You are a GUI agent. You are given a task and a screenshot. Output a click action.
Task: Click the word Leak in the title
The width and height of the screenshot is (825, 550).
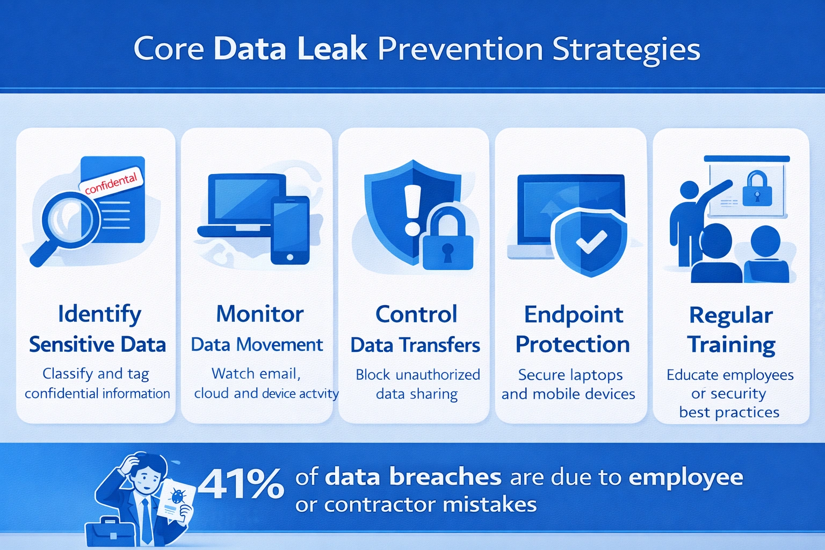pos(332,49)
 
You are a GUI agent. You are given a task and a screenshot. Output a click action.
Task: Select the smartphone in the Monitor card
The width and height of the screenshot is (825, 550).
pos(290,230)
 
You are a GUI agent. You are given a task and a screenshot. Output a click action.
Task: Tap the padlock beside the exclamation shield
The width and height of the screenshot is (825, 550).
pos(447,241)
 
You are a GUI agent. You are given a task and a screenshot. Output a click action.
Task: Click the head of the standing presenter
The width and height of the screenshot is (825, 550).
pos(689,191)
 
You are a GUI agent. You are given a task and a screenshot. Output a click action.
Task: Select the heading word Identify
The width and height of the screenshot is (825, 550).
pos(99,314)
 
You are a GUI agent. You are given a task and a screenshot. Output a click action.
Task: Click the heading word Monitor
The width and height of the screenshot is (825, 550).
pos(259,314)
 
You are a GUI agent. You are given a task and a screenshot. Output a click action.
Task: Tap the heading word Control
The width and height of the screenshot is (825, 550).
pos(416,314)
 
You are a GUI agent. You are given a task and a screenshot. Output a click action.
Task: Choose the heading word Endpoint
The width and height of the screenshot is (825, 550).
pos(574,315)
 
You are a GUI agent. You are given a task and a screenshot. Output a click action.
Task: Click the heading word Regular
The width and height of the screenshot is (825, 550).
pos(731,315)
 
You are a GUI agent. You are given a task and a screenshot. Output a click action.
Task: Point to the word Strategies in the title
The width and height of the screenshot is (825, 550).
pos(626,49)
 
